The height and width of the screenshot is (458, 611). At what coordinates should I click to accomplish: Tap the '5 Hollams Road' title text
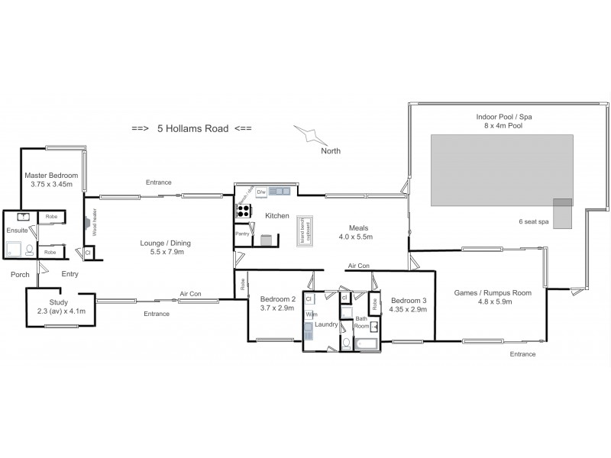pyautogui.click(x=192, y=129)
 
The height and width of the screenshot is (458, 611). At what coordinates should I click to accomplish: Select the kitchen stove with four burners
pyautogui.click(x=244, y=211)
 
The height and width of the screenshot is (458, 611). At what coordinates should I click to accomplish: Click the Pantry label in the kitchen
pyautogui.click(x=243, y=234)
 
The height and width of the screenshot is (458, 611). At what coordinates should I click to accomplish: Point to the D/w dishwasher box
pyautogui.click(x=261, y=191)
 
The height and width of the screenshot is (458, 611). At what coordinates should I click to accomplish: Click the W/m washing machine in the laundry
pyautogui.click(x=311, y=314)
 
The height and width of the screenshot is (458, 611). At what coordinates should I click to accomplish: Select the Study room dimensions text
pyautogui.click(x=58, y=311)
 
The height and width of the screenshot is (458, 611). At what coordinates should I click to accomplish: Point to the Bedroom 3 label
pyautogui.click(x=408, y=300)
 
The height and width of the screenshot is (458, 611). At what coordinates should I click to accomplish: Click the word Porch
pyautogui.click(x=20, y=274)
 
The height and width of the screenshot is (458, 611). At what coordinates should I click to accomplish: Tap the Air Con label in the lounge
pyautogui.click(x=190, y=294)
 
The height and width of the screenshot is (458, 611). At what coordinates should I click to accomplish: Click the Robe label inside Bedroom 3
pyautogui.click(x=375, y=304)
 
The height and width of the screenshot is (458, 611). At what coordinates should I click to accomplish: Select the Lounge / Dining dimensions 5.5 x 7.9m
pyautogui.click(x=165, y=252)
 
